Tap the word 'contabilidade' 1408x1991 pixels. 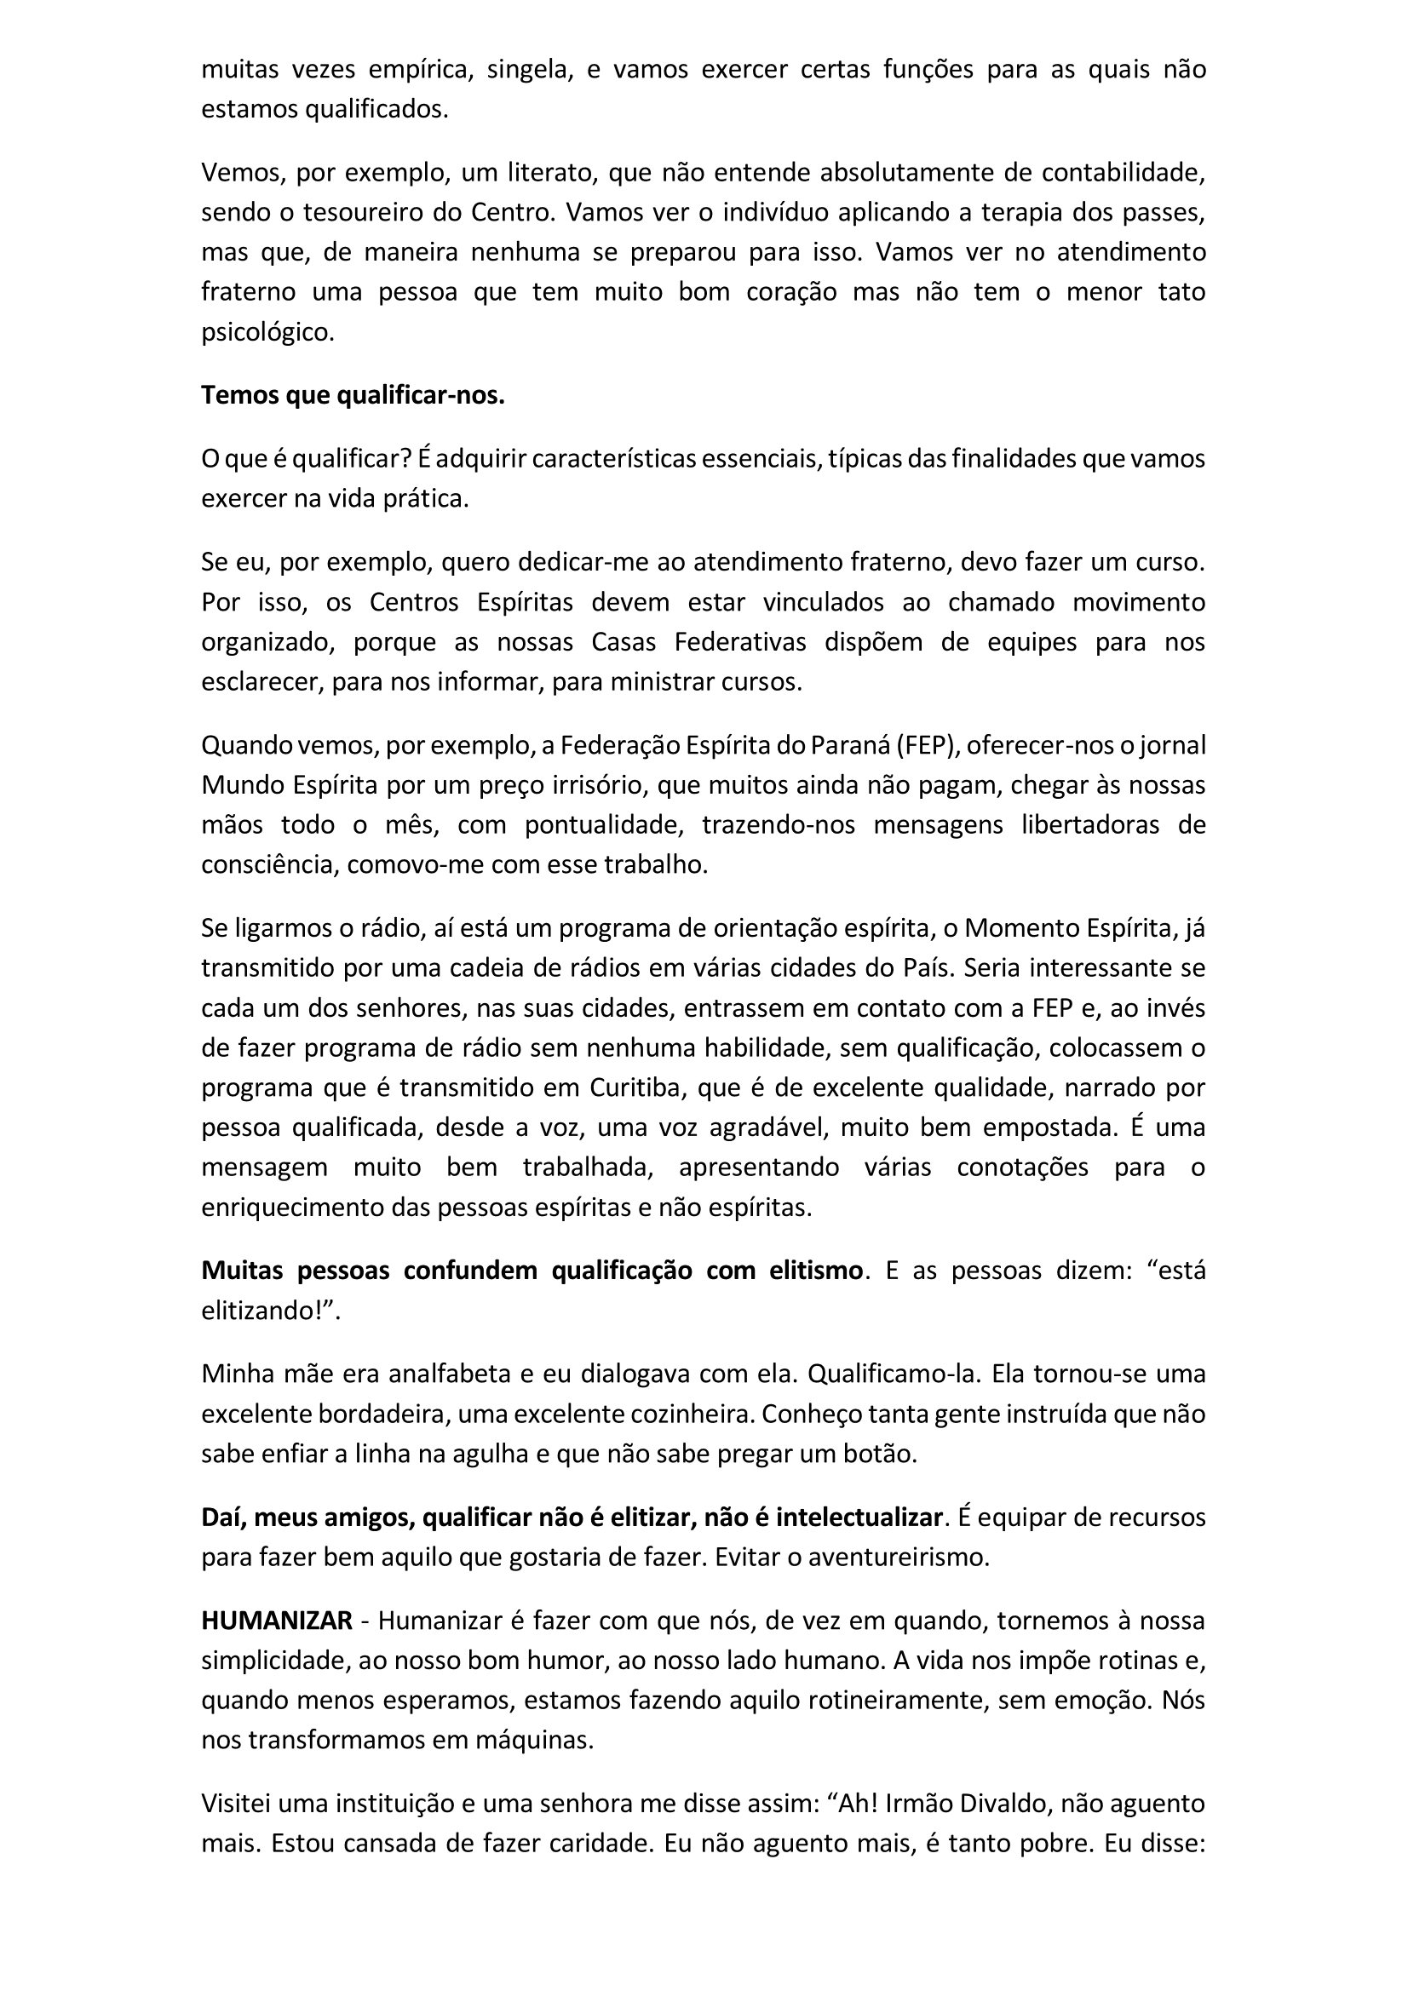pyautogui.click(x=1123, y=173)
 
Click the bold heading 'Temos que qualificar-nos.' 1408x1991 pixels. pyautogui.click(x=353, y=395)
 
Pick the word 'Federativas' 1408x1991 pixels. pyautogui.click(x=740, y=642)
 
